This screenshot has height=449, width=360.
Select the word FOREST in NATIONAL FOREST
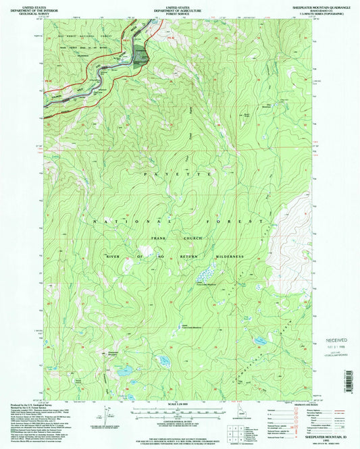249,221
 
